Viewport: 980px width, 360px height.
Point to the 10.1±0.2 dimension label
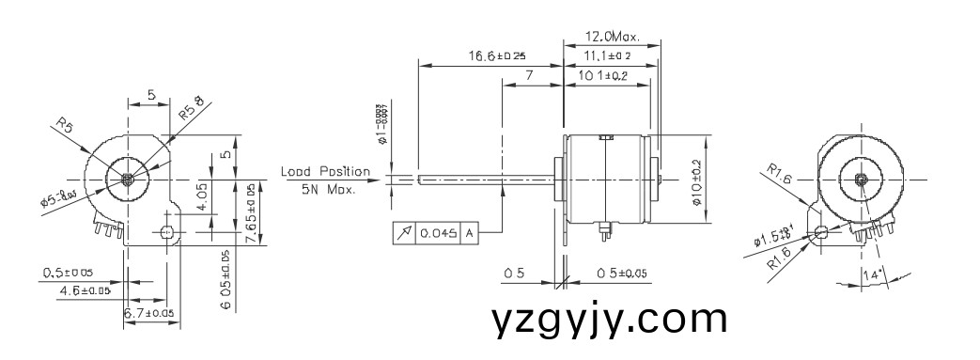(605, 76)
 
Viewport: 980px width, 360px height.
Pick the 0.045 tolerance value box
(436, 232)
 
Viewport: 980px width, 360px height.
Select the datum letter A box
(468, 232)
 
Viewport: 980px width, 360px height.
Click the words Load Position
(324, 172)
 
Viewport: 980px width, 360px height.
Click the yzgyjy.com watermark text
(609, 320)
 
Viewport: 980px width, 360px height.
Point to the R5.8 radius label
(192, 105)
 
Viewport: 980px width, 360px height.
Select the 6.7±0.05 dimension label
(148, 312)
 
